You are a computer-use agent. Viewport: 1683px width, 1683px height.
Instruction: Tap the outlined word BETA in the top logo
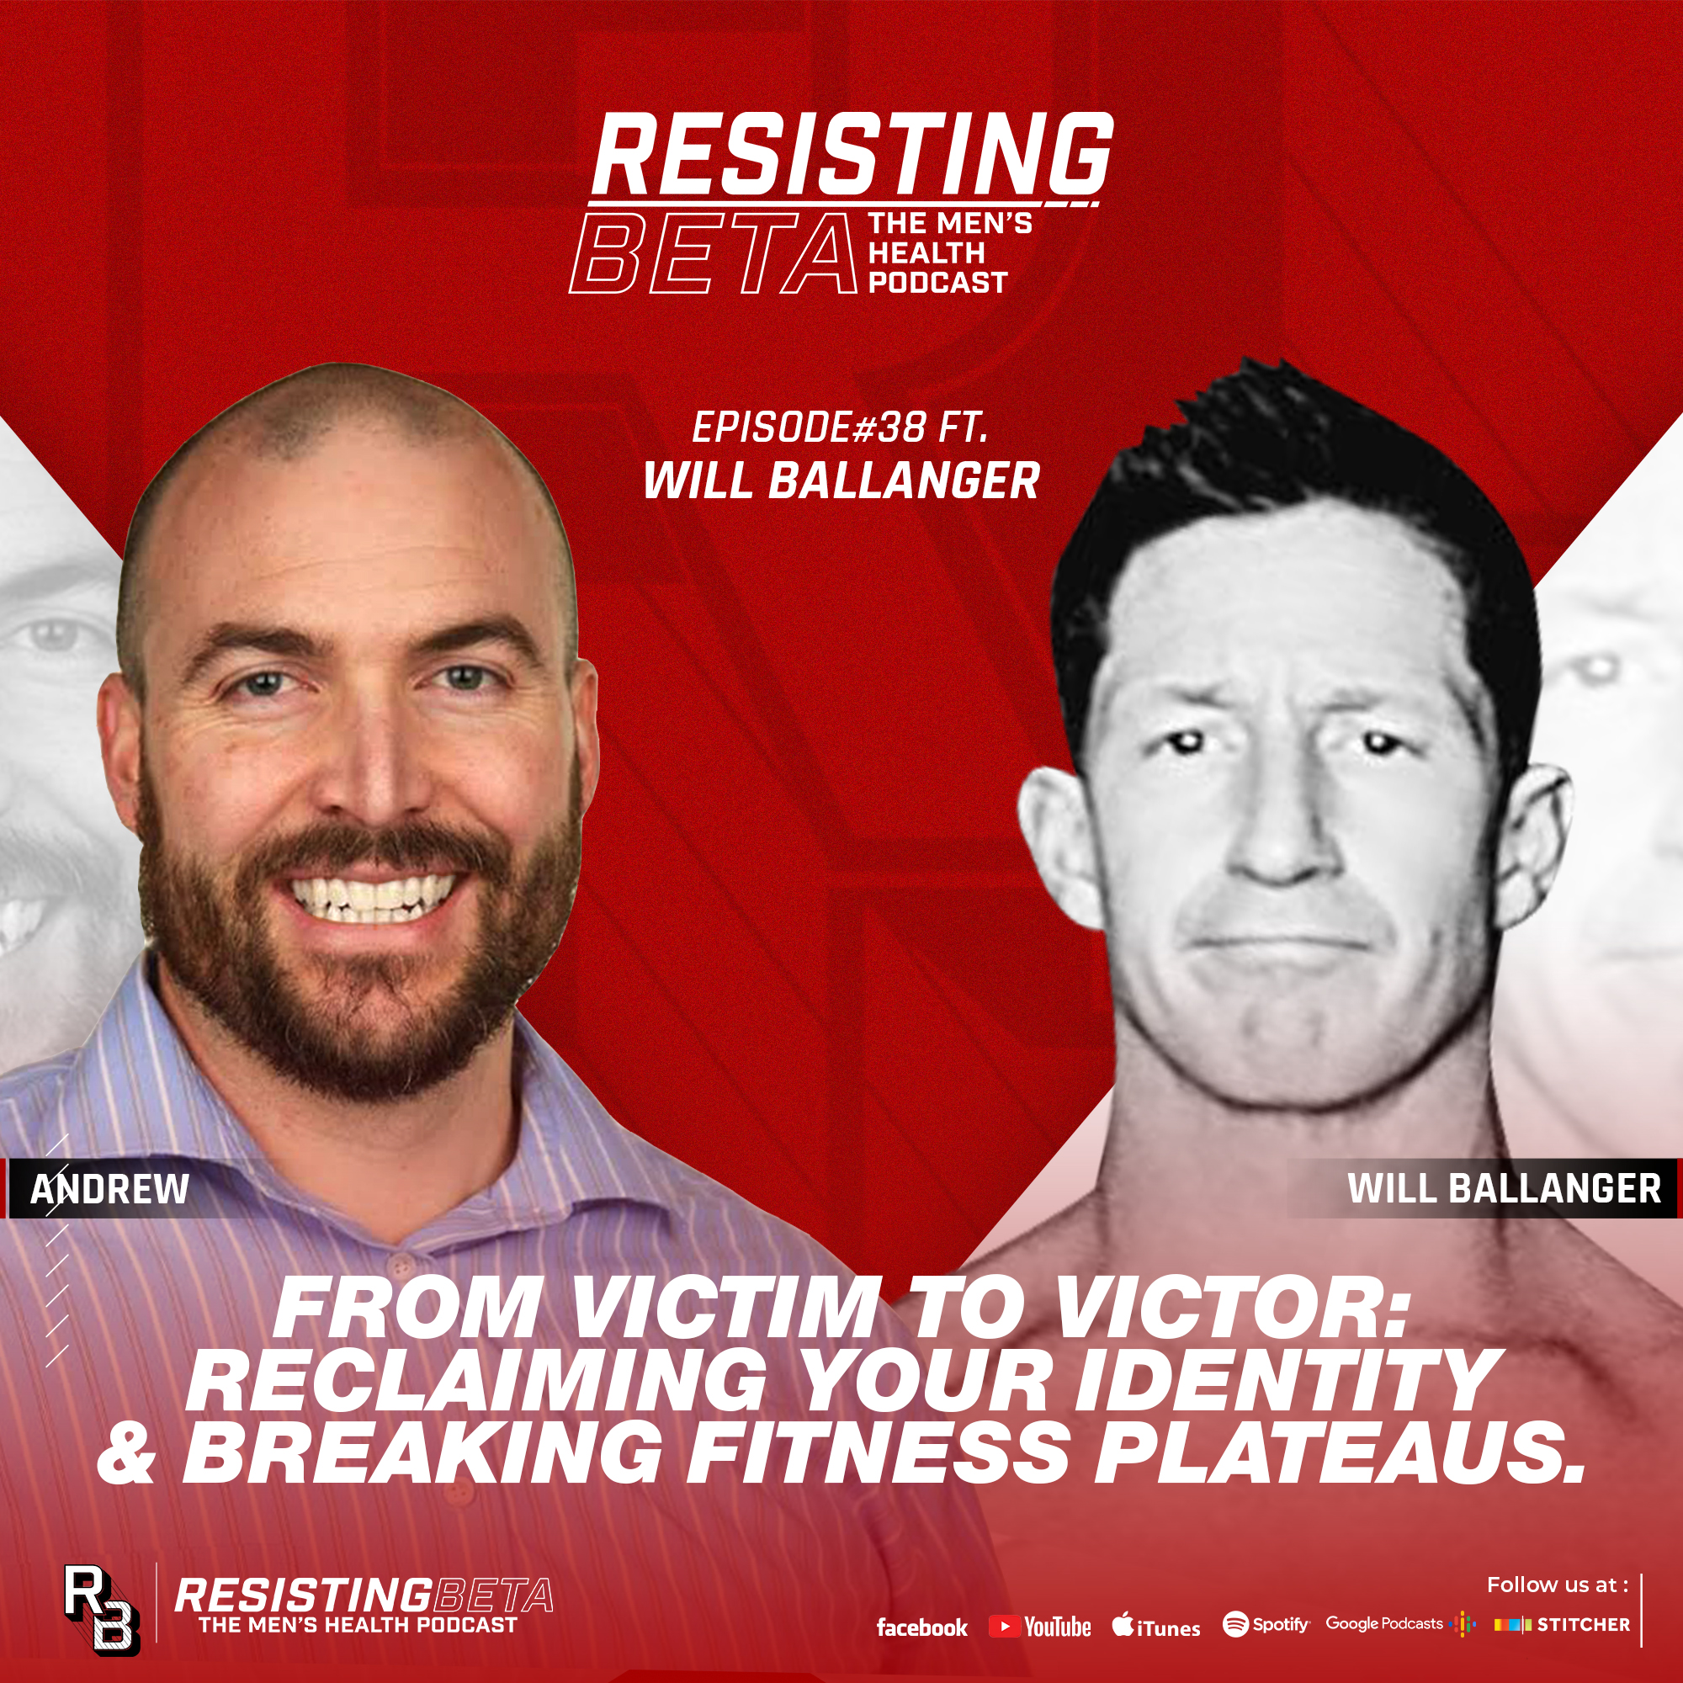tap(713, 254)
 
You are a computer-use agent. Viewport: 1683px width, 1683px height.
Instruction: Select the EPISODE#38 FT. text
tap(840, 427)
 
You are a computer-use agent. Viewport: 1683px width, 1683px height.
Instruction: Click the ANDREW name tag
tap(109, 1189)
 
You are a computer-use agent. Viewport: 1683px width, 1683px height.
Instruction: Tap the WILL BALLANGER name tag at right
tap(1504, 1188)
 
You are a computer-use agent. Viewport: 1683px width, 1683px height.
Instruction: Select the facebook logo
tap(921, 1627)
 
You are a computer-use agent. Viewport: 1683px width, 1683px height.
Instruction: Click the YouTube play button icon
tap(1005, 1627)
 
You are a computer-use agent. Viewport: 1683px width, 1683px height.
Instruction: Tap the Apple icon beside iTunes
tap(1122, 1625)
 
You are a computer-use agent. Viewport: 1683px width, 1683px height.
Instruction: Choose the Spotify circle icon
tap(1235, 1625)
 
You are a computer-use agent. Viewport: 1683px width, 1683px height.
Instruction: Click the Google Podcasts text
tap(1383, 1624)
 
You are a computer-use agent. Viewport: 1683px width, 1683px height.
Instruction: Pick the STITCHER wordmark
tap(1583, 1625)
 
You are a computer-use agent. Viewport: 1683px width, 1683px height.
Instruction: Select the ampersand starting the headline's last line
tap(127, 1455)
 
